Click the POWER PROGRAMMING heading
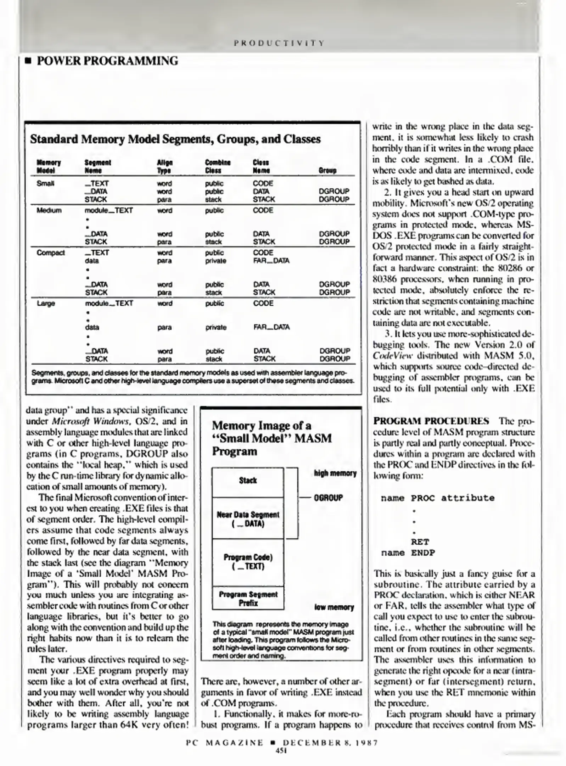107,61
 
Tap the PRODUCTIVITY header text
279,43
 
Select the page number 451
281,750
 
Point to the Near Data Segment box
248,518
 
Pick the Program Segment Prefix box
248,598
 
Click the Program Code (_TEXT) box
248,561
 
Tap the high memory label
335,473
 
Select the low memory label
334,607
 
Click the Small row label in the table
45,183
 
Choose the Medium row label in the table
49,210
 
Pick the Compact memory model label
51,252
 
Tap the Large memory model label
46,303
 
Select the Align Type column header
164,166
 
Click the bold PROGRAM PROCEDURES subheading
431,421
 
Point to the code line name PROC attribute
437,498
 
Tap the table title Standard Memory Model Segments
175,139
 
